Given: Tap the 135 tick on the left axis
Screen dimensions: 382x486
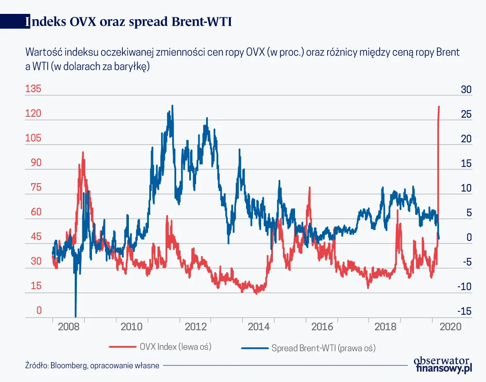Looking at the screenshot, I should click(x=33, y=89).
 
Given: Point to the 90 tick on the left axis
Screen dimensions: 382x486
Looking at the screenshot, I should click(x=33, y=163).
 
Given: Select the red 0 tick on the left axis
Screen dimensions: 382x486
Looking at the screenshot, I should click(x=39, y=310).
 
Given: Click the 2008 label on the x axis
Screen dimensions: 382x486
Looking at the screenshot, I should click(x=69, y=327).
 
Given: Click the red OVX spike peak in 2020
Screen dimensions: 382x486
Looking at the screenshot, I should click(x=439, y=106).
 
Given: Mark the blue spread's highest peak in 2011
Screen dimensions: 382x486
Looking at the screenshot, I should click(x=172, y=105).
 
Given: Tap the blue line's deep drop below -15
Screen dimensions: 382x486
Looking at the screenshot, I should click(x=76, y=315).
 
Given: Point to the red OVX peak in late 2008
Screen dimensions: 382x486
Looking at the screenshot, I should click(x=82, y=152).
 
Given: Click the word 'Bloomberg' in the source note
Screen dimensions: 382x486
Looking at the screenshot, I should click(x=68, y=366).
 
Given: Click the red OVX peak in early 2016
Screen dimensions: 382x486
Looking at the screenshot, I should click(x=309, y=188).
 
